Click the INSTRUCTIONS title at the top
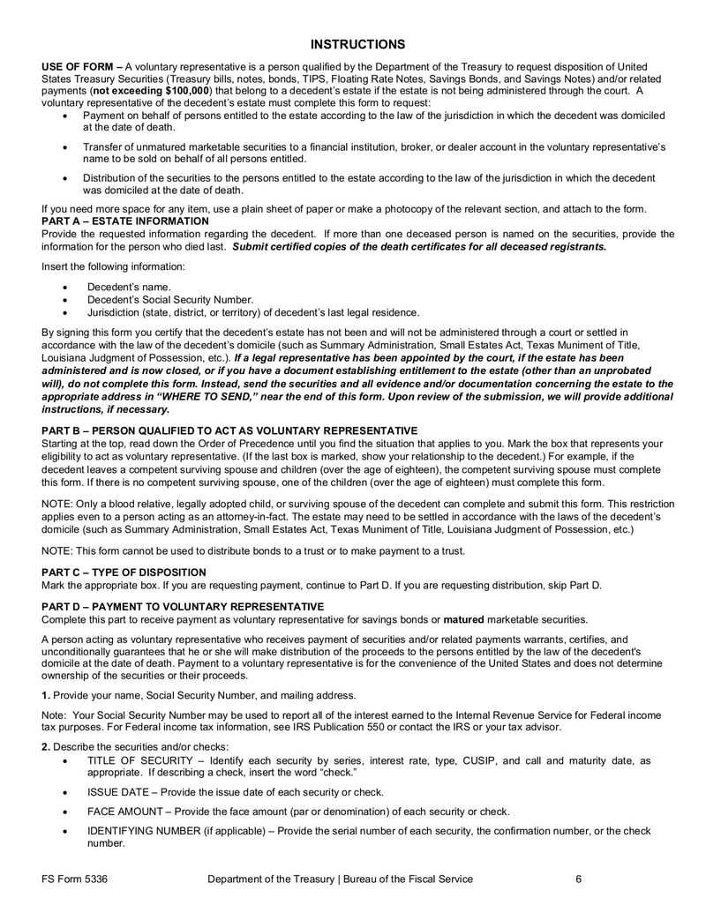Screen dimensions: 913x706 (x=358, y=44)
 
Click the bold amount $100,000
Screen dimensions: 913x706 (x=180, y=90)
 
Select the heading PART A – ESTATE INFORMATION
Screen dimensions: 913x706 (x=125, y=221)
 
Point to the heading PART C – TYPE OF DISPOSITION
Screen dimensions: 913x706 (x=124, y=572)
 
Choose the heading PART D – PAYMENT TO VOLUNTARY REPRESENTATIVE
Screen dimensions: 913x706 (x=183, y=606)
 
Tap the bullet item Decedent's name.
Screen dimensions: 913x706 (x=129, y=287)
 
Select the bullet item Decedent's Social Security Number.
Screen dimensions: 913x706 (x=169, y=299)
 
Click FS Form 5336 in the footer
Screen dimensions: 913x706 (x=80, y=879)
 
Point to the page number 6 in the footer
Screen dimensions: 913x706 (x=578, y=879)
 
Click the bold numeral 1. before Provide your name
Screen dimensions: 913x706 (x=47, y=694)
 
